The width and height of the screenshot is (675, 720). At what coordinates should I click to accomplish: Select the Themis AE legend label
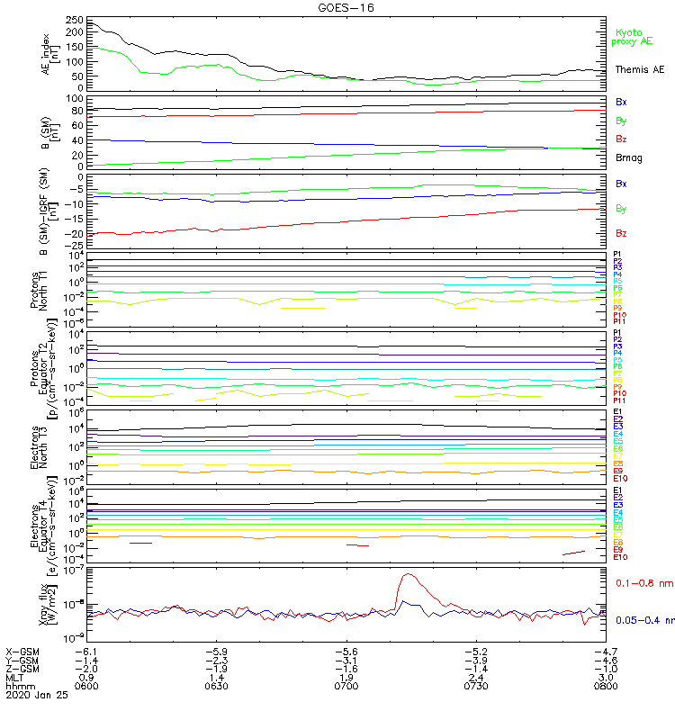coord(640,69)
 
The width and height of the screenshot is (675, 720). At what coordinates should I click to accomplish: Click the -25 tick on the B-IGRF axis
coord(76,246)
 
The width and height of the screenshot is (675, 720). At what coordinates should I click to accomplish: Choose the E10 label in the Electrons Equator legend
coord(621,557)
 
